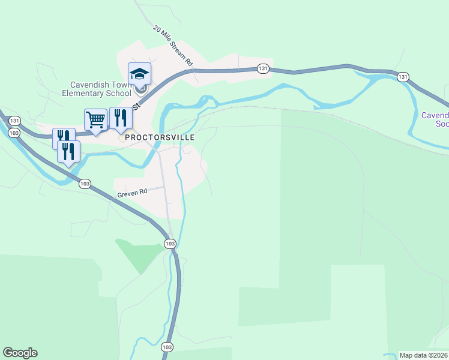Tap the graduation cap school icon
(139, 74)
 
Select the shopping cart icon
(95, 119)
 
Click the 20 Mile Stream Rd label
(172, 46)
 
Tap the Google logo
(20, 353)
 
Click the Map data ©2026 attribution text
(424, 355)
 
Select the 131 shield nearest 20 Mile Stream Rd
(263, 69)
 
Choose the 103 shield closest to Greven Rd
(85, 184)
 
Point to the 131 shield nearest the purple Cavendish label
(403, 76)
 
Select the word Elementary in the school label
(87, 93)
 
